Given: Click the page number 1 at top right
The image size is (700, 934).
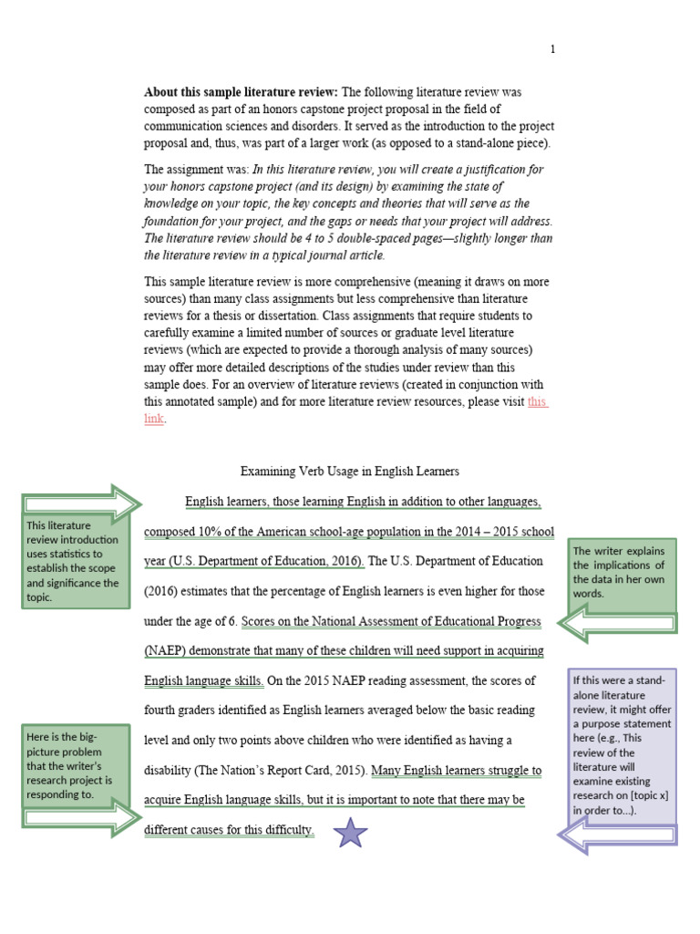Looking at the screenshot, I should (552, 49).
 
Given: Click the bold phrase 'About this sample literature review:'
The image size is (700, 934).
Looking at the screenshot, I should (241, 92).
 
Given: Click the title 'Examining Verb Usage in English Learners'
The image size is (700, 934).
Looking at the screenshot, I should (349, 472).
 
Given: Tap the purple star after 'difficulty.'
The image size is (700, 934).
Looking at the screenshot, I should (350, 832).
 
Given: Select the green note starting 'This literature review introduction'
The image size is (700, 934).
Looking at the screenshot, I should (77, 561).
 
